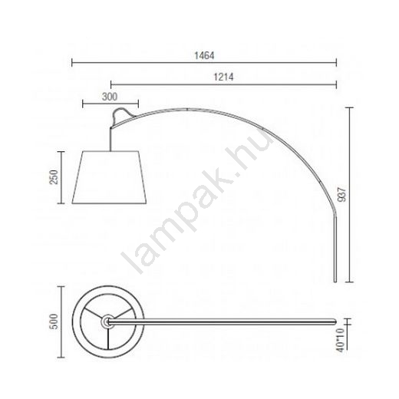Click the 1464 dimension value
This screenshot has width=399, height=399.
(x=204, y=55)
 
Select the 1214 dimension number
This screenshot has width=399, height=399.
(x=223, y=77)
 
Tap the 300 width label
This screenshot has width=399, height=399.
(x=110, y=97)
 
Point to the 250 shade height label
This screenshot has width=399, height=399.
(x=54, y=177)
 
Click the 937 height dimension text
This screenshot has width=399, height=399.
(x=341, y=195)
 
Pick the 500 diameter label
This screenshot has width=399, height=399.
(x=54, y=322)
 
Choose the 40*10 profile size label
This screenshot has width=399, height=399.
(x=341, y=340)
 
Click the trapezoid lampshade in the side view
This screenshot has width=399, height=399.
(x=109, y=177)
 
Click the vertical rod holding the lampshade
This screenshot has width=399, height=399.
(x=110, y=139)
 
